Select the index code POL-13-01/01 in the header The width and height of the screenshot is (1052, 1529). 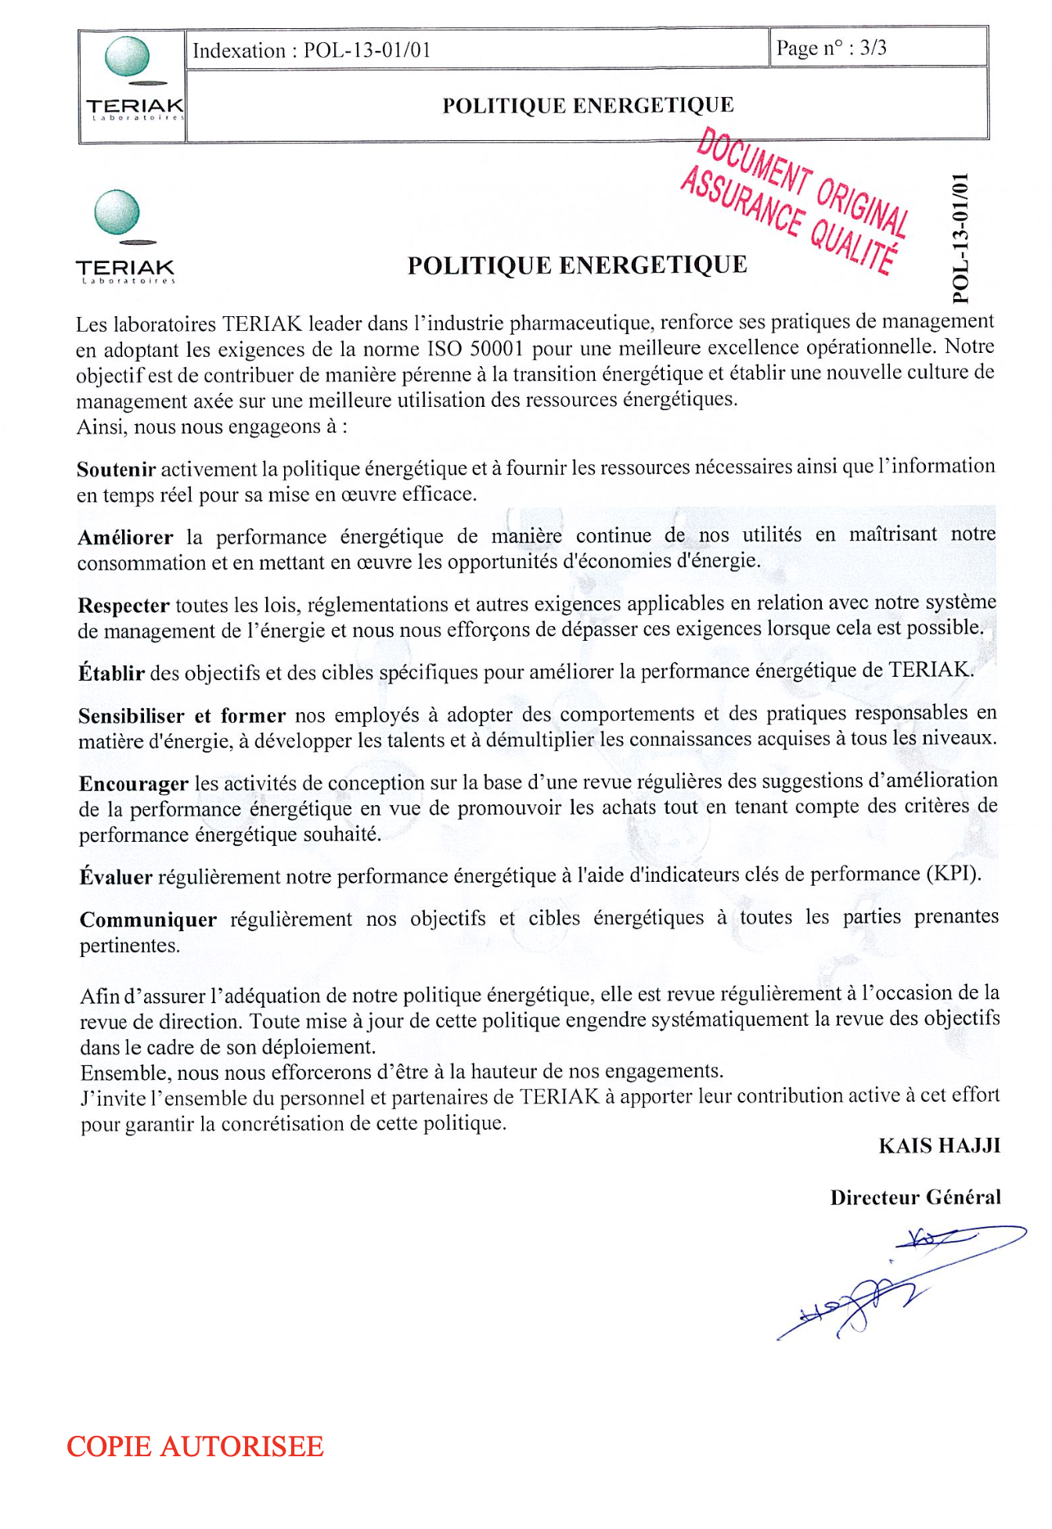tap(367, 51)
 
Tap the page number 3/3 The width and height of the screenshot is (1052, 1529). tap(873, 49)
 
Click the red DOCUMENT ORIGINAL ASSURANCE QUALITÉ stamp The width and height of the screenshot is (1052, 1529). tap(795, 202)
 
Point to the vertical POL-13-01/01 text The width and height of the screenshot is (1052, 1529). tap(961, 238)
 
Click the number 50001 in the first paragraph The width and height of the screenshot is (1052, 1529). tap(496, 348)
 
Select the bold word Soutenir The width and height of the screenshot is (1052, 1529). tap(117, 469)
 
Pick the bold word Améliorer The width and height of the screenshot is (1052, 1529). tap(125, 538)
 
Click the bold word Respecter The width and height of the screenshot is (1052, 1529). tap(124, 606)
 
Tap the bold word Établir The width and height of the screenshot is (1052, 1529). tap(112, 673)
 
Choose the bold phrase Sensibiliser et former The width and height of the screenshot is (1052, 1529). tap(182, 716)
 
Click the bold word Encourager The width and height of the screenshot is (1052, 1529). tap(134, 784)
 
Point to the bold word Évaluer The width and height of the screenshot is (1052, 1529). tap(116, 877)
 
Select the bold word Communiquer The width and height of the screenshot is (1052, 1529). tap(148, 920)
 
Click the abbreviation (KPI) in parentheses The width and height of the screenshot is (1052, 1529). tap(953, 874)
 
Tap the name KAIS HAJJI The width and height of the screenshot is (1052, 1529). tap(939, 1146)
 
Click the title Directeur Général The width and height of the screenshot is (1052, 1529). tap(915, 1198)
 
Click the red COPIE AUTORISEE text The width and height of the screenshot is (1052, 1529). tap(195, 1447)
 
